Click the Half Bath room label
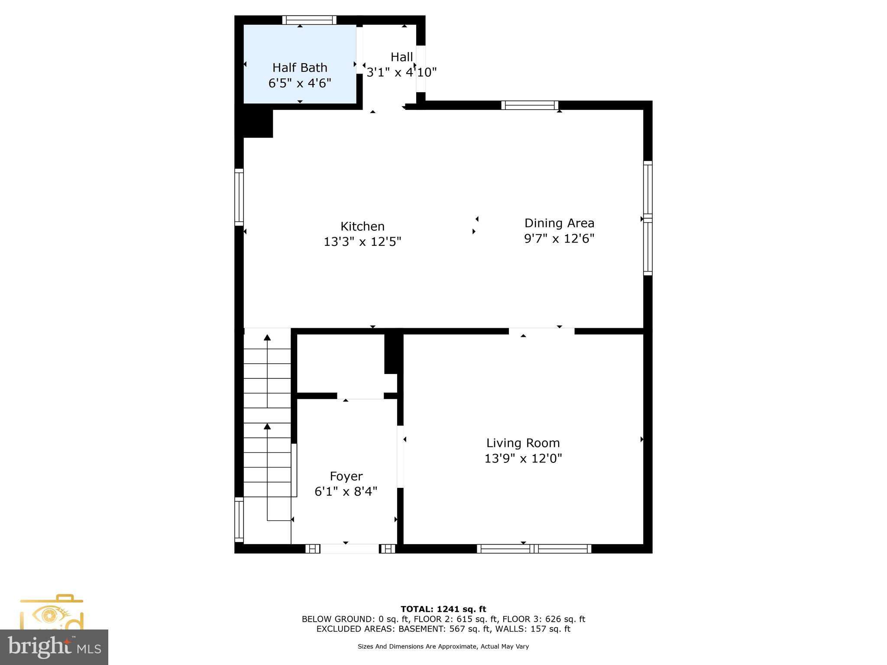(x=300, y=68)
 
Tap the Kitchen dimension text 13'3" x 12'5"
(x=363, y=242)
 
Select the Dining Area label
(x=559, y=223)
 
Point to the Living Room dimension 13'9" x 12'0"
(x=523, y=458)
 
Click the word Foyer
(x=346, y=476)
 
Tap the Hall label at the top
(x=401, y=57)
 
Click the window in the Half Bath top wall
(x=309, y=20)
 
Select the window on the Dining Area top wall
(x=530, y=105)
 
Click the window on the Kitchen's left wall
(x=239, y=197)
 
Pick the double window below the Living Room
(x=534, y=549)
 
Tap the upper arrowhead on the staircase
(x=267, y=338)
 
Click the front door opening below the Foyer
(x=350, y=549)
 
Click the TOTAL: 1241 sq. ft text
(x=443, y=609)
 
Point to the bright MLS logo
(x=54, y=647)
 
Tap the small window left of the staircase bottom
(x=239, y=520)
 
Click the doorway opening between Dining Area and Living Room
(x=541, y=331)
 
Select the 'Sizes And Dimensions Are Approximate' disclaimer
(x=443, y=646)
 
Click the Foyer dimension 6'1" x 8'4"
(x=346, y=491)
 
